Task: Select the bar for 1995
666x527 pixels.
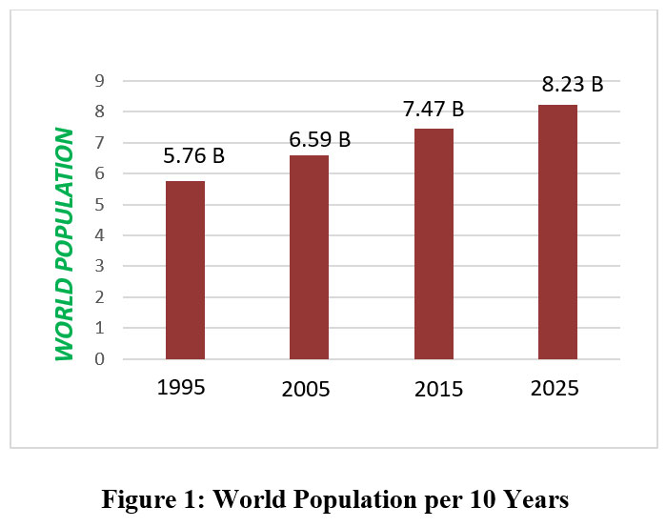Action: [185, 270]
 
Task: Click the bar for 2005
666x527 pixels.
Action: [309, 257]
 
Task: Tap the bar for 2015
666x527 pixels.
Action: [434, 244]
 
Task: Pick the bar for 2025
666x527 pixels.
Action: [557, 232]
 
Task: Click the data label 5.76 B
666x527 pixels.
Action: [193, 155]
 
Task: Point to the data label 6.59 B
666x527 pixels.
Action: [320, 140]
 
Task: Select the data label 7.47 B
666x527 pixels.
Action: [434, 109]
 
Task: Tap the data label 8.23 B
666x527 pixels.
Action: [573, 84]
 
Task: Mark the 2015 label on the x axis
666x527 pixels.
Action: [439, 390]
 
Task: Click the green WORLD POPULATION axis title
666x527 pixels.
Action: [64, 244]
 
